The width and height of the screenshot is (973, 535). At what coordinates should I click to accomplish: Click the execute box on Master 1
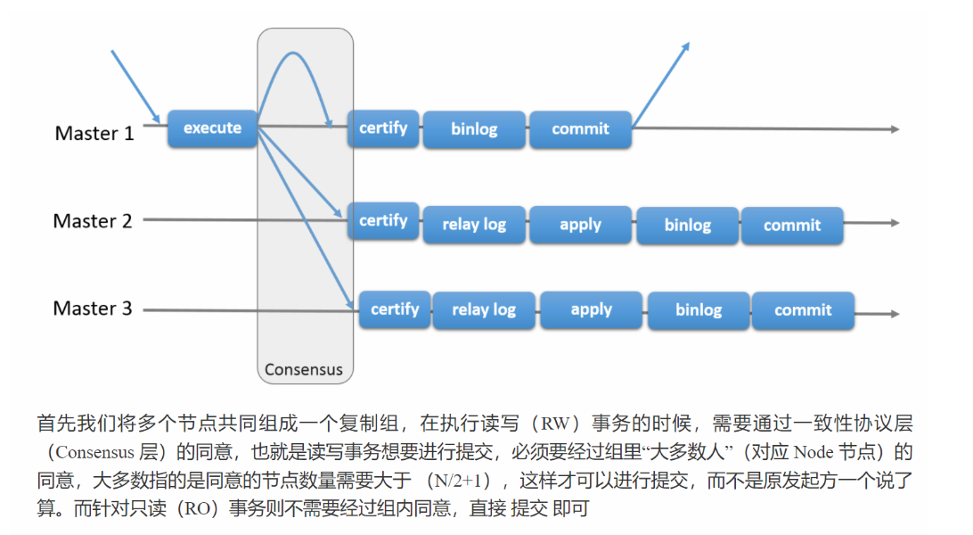(x=212, y=128)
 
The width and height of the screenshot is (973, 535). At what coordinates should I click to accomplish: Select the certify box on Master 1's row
(x=383, y=128)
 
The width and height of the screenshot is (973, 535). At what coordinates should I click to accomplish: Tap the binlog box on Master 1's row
(x=474, y=129)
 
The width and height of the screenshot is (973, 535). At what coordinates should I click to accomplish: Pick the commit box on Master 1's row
(x=580, y=129)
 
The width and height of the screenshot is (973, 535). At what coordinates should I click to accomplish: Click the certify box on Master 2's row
(x=383, y=220)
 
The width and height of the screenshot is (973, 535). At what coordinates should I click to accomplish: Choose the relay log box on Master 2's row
(x=474, y=225)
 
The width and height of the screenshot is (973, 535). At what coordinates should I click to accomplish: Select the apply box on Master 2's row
(x=580, y=225)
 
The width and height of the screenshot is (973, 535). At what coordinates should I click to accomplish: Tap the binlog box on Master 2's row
(x=687, y=226)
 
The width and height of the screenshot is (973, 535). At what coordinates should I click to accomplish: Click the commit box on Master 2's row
(x=791, y=226)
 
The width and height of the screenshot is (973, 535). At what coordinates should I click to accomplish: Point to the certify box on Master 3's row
(x=395, y=309)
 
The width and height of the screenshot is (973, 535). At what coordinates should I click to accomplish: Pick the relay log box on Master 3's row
(x=484, y=310)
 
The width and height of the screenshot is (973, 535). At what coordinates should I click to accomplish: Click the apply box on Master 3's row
(x=591, y=310)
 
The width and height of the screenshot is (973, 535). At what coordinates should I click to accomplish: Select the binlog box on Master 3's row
(x=699, y=310)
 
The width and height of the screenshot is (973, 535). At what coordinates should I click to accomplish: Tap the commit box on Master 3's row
(x=803, y=310)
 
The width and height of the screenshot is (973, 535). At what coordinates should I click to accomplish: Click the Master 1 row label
(x=94, y=134)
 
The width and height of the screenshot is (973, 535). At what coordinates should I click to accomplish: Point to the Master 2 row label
(x=93, y=221)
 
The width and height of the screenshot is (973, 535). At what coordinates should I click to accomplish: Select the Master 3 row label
(x=93, y=309)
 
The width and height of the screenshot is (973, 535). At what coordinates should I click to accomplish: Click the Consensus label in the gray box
(x=304, y=369)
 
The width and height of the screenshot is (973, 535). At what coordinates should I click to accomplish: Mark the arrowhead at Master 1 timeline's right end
(x=893, y=129)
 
